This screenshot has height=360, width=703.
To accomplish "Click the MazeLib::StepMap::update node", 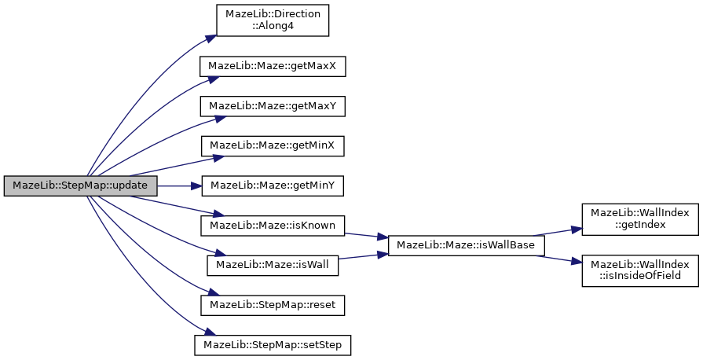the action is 81,186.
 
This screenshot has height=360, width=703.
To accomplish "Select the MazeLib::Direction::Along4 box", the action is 273,20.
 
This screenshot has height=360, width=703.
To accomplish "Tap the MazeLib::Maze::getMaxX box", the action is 273,67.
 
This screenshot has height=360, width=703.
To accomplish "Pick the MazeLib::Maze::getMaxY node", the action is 273,106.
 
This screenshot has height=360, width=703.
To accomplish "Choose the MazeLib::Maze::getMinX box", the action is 273,146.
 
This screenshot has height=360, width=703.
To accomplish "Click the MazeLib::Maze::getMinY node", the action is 273,186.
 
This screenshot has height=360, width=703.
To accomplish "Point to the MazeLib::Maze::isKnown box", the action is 273,226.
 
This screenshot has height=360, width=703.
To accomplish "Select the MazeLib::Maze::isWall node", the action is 273,266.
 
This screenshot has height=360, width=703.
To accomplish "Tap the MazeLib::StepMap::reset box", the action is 273,305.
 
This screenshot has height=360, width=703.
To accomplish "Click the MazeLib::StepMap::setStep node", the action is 273,345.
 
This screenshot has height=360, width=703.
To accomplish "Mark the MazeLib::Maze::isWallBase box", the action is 467,245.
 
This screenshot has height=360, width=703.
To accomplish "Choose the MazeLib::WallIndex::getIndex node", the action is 640,219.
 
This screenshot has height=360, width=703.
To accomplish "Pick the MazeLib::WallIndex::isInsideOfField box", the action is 640,270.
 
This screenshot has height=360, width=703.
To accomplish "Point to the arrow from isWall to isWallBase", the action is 363,256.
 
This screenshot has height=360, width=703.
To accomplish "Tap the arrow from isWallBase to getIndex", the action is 557,232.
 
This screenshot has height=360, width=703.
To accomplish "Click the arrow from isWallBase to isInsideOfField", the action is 559,259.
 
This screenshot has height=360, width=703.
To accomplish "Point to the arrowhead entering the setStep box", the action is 211,333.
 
